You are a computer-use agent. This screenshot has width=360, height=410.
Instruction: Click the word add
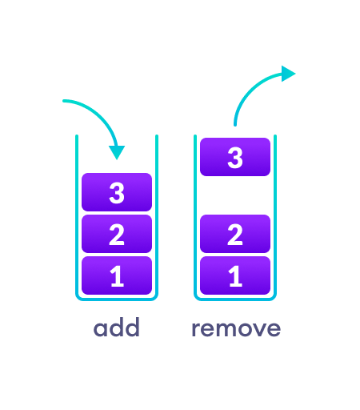[117, 328]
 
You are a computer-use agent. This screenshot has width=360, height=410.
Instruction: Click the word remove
[236, 328]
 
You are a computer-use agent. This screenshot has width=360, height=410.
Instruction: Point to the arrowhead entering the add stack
[118, 151]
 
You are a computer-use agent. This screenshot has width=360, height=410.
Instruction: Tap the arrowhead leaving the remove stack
[288, 74]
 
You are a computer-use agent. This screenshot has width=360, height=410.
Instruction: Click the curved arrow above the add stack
[92, 107]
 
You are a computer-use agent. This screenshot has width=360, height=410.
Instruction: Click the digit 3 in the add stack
[117, 192]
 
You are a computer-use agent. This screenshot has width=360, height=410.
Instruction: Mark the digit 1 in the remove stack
[235, 276]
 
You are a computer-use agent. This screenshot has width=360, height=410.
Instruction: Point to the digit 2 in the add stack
[117, 234]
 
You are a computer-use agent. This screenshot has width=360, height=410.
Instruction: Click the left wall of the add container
[77, 216]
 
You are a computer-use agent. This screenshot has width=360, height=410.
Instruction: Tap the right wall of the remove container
[275, 216]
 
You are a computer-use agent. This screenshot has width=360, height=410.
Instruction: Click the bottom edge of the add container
[117, 299]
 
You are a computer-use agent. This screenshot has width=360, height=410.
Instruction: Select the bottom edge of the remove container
[235, 299]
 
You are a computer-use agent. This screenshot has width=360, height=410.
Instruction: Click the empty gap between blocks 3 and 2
[235, 195]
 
